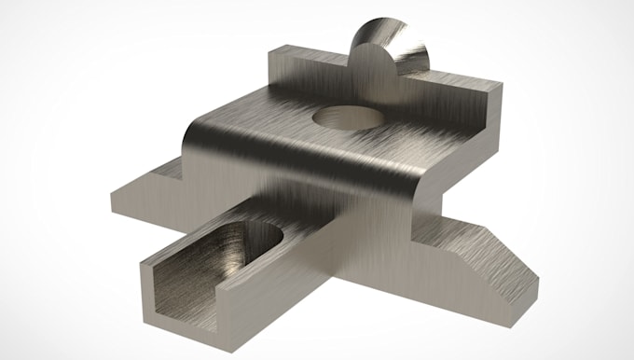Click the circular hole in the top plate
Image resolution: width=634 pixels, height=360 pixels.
point(346,118)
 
